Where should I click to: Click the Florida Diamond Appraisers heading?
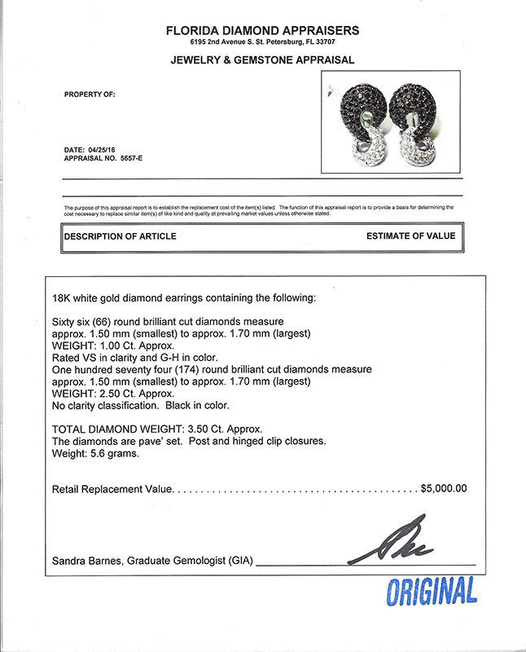click(x=262, y=31)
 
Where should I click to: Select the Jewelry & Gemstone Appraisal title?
click(x=262, y=60)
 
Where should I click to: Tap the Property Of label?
click(x=90, y=95)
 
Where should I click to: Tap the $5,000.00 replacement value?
click(x=444, y=489)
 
